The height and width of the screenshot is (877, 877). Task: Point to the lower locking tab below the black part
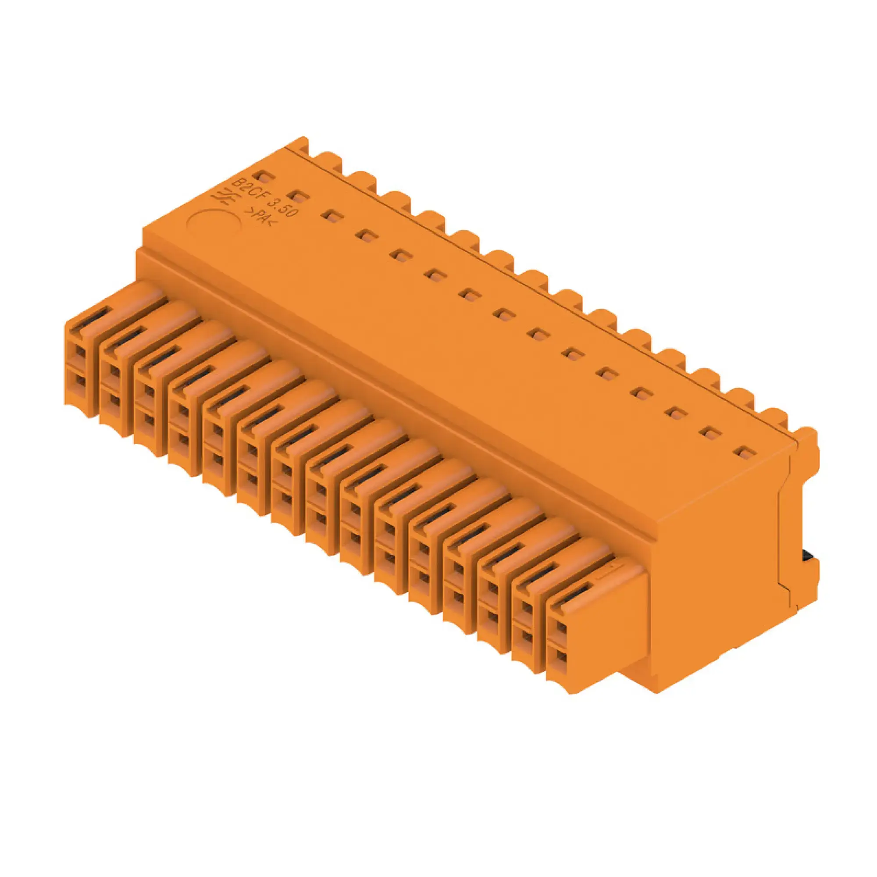810,574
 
